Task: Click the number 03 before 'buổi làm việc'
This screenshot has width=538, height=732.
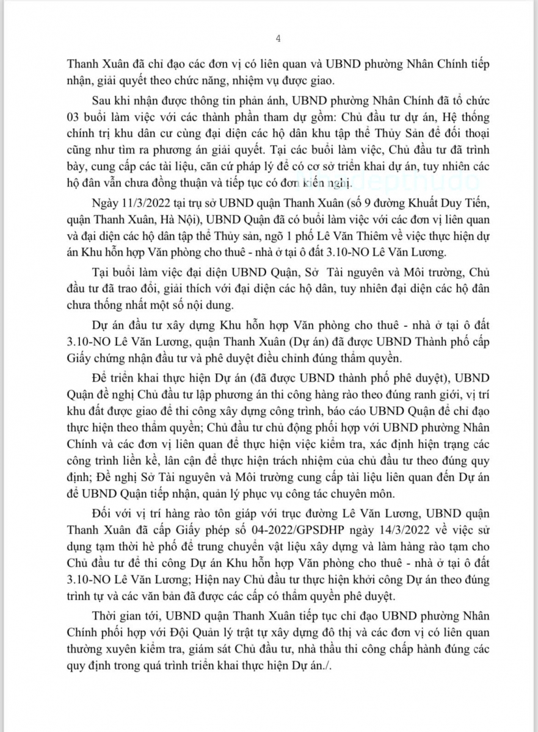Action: coord(73,117)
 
